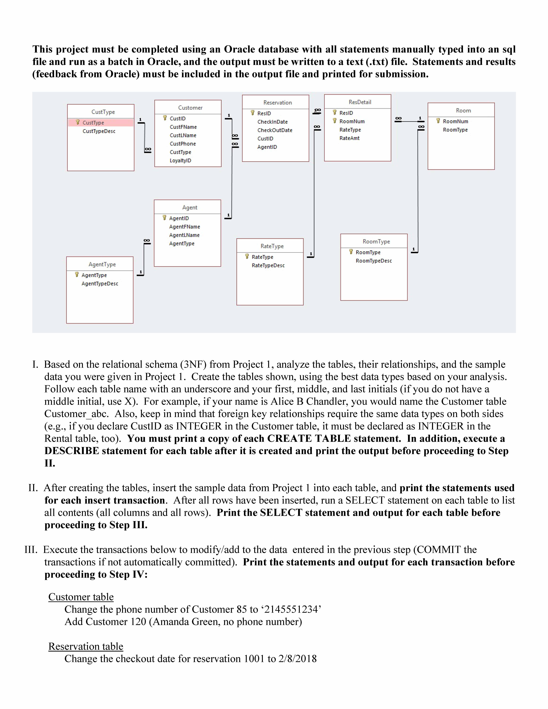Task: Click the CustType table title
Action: click(x=103, y=112)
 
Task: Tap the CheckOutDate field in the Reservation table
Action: click(x=275, y=130)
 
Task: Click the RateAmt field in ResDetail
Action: click(x=349, y=138)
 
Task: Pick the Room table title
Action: click(x=463, y=111)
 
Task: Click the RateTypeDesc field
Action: click(x=268, y=266)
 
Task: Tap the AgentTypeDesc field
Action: click(x=100, y=284)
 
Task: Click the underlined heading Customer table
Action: click(x=81, y=597)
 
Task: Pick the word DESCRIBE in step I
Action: click(x=71, y=451)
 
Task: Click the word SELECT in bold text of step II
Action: click(x=281, y=513)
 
